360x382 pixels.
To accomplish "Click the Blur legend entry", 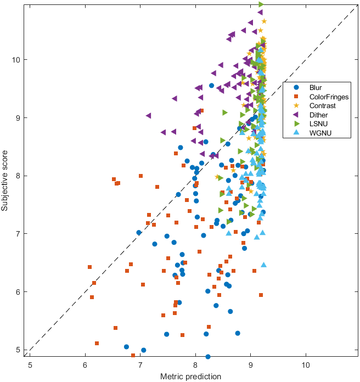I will coord(316,87).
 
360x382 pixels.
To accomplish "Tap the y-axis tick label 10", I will coord(17,59).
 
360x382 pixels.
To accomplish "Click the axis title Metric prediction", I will coord(190,377).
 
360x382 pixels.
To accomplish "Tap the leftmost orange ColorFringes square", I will coord(89,267).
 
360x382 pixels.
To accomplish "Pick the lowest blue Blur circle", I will coord(208,357).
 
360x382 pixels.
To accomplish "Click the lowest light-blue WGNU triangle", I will coord(263,265).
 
